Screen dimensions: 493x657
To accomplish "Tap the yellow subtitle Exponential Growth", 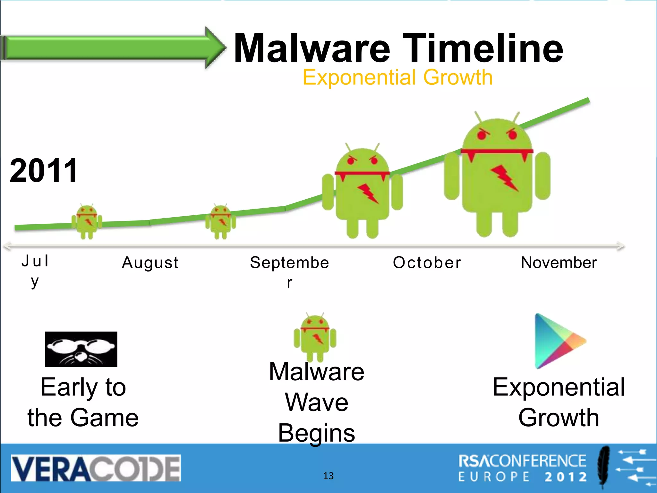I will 397,77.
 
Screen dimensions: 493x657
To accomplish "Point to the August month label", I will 150,263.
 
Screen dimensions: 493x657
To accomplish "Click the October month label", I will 427,263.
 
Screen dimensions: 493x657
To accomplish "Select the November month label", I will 559,263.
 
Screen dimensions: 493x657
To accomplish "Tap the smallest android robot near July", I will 87,221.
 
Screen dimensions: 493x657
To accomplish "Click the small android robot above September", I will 221,221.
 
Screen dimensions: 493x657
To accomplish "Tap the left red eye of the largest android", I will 482,135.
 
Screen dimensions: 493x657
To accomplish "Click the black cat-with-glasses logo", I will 81,349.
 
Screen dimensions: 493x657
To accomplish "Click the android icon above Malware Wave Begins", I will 315,337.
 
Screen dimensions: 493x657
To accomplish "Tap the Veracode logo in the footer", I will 96,468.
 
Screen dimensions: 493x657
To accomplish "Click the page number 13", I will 328,476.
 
